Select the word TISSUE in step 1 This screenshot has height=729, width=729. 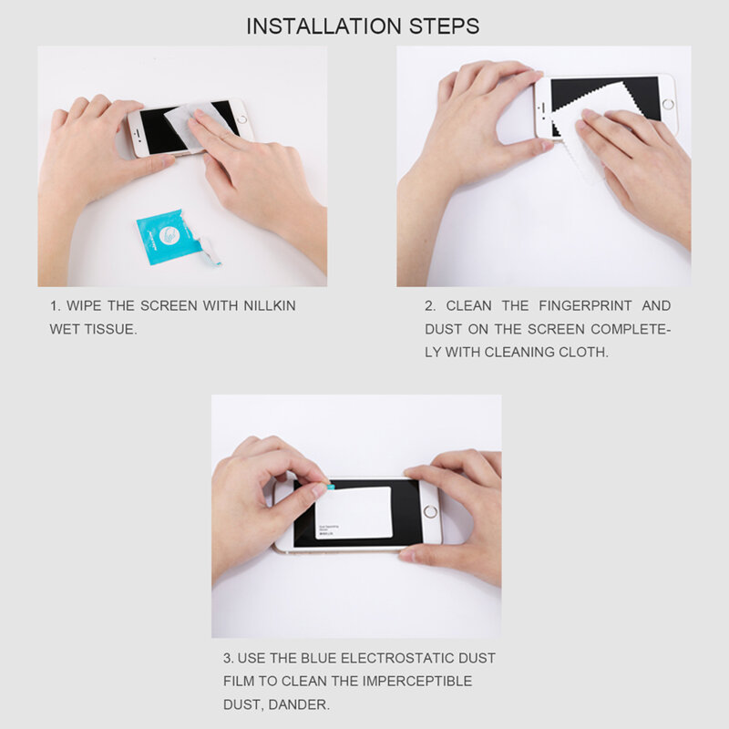click(110, 329)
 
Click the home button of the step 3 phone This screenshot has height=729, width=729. click(429, 512)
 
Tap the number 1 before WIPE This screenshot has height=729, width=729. click(53, 306)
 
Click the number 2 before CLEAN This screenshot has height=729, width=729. click(429, 305)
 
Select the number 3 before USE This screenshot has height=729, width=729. click(227, 657)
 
